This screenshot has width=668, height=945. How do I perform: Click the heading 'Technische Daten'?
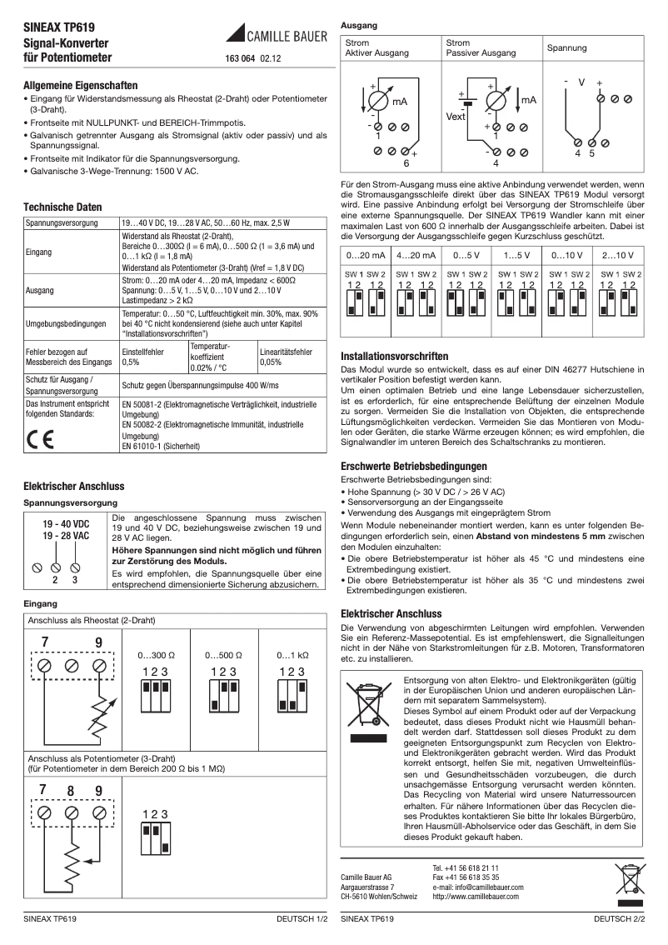(x=62, y=207)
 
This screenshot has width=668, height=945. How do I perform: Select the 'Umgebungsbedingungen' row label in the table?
(x=66, y=322)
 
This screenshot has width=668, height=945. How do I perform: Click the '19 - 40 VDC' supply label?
(x=66, y=523)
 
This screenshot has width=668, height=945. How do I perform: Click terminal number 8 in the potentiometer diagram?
(x=72, y=790)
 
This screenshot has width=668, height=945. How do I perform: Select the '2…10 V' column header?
(x=618, y=254)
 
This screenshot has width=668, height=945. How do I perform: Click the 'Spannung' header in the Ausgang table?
(x=566, y=47)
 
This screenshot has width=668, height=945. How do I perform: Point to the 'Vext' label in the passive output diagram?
(x=456, y=116)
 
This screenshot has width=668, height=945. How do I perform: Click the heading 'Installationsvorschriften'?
(x=395, y=356)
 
